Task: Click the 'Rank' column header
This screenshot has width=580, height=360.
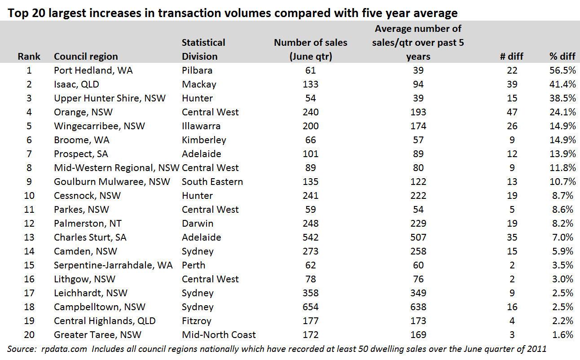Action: [x=29, y=57]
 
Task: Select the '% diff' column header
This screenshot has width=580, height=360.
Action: [x=562, y=57]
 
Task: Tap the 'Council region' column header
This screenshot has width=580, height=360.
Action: [x=86, y=57]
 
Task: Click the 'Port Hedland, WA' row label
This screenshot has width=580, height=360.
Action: [x=93, y=70]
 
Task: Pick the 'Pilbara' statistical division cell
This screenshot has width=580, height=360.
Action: [x=197, y=70]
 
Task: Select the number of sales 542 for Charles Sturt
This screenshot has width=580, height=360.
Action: [x=310, y=237]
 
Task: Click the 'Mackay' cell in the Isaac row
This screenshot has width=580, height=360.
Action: [x=199, y=84]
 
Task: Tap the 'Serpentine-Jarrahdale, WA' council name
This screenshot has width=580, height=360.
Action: [x=113, y=265]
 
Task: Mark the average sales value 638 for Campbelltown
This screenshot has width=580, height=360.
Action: [x=418, y=307]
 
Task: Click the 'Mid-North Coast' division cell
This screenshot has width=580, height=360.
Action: [x=219, y=335]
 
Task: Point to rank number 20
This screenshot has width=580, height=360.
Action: [x=29, y=335]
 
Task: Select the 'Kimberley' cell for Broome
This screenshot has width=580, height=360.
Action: [x=204, y=140]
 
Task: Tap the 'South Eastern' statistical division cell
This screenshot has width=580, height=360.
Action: [x=212, y=182]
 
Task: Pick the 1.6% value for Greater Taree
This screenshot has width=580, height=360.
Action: [x=563, y=335]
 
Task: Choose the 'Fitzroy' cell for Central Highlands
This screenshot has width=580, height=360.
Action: [x=196, y=321]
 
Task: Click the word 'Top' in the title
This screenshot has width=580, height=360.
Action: [x=18, y=13]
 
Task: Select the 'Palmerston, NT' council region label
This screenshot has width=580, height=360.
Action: [x=88, y=223]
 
